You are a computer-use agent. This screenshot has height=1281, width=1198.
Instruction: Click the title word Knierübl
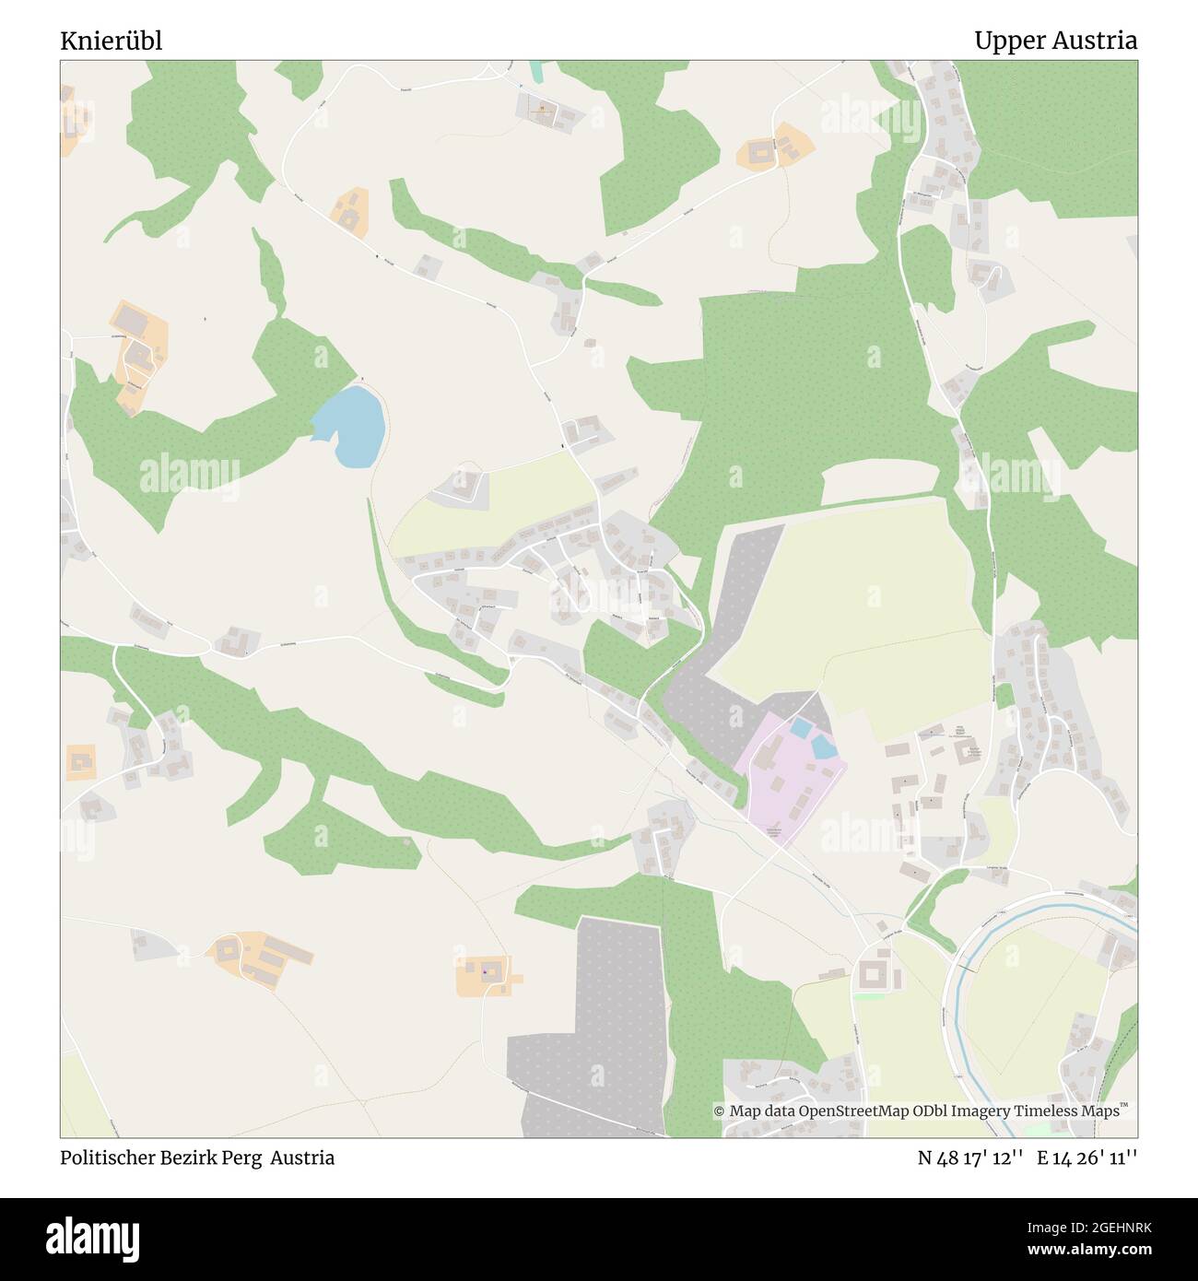111,41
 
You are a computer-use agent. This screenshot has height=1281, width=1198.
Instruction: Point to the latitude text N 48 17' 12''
969,1158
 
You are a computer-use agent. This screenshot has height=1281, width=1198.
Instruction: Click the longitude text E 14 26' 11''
1086,1158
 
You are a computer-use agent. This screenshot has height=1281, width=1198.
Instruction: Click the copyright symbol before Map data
719,1111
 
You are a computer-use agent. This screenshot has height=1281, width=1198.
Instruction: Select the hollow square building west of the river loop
873,974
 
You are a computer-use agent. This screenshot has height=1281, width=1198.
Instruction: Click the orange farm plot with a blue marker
486,974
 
